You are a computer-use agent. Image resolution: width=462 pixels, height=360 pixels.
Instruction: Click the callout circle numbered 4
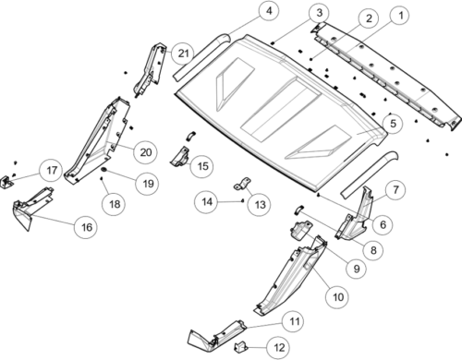click(269, 11)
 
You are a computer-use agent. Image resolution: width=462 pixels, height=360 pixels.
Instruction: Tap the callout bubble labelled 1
click(400, 16)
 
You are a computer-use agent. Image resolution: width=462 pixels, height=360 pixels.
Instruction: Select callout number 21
click(183, 54)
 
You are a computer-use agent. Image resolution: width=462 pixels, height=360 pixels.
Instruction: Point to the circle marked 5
click(393, 124)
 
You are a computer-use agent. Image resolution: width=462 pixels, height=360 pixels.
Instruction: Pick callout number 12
click(279, 348)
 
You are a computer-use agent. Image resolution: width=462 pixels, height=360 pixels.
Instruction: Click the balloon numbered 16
click(87, 227)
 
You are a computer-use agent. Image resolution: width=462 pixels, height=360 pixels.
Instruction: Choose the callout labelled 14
click(207, 202)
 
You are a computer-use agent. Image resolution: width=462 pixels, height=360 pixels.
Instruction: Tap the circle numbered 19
click(148, 184)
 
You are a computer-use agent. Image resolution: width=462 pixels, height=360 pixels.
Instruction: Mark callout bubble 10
click(338, 297)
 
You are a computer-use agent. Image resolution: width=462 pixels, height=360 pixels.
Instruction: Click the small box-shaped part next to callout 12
click(241, 348)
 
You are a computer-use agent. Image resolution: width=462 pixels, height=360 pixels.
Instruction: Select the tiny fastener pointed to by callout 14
click(242, 200)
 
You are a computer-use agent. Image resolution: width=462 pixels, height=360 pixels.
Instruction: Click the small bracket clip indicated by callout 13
click(242, 184)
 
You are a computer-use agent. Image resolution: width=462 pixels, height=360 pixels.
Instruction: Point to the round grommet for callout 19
click(104, 170)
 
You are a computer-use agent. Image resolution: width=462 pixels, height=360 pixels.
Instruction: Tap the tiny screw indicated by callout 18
click(102, 178)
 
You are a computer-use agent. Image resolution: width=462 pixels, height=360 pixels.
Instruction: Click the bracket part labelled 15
click(179, 157)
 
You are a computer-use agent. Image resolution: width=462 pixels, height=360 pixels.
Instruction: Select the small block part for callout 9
click(300, 230)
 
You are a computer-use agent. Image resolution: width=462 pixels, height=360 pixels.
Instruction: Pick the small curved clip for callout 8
click(298, 209)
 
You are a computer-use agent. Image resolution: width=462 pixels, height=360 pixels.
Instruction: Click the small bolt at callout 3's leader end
click(274, 43)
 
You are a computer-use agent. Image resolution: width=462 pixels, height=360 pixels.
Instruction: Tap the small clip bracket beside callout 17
click(6, 182)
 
